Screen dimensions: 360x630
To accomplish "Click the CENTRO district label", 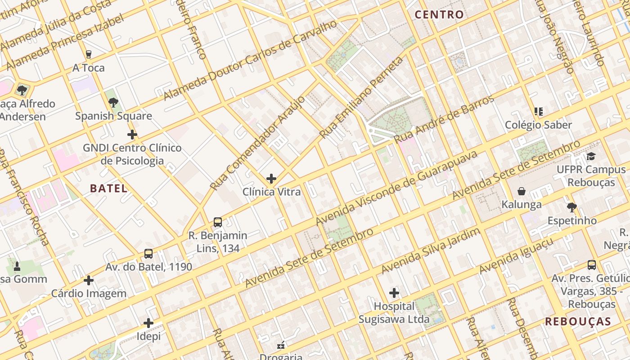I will tap(439, 14).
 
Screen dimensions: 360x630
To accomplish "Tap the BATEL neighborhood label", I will tap(108, 188).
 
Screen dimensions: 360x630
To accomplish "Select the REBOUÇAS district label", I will tap(578, 321).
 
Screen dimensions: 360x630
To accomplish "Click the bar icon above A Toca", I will tap(89, 54).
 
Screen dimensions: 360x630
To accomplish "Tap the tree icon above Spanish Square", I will tap(113, 103).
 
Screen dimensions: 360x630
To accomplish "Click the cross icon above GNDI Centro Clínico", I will tap(132, 135).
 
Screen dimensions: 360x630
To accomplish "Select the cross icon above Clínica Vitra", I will tap(271, 179).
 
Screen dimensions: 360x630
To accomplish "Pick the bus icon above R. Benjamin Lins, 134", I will tap(218, 222).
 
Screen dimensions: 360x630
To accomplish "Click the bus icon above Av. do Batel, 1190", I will tap(148, 254).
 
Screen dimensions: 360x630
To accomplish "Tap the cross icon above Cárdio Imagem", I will tap(89, 280).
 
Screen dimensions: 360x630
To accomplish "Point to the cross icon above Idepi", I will tap(148, 323).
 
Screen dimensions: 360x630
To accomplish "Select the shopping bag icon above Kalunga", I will tap(522, 192).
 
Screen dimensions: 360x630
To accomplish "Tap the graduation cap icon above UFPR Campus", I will tap(591, 157).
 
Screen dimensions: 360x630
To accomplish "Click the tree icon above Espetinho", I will tap(571, 207).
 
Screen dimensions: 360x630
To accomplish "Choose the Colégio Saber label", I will tap(538, 125).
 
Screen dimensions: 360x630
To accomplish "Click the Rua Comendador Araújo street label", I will tap(257, 143).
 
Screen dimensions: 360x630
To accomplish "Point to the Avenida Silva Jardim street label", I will tap(430, 251).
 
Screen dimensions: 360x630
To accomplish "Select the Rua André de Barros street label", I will tap(444, 119).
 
